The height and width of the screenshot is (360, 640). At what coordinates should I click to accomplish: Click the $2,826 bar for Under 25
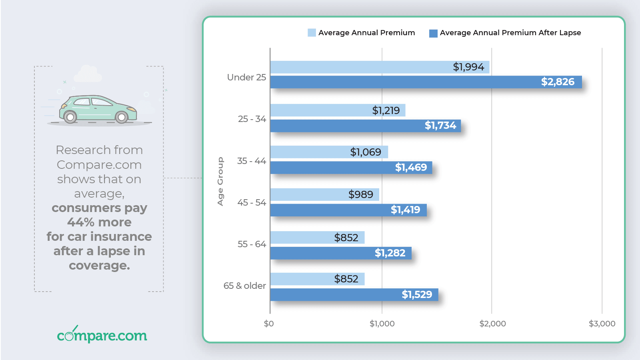click(x=426, y=82)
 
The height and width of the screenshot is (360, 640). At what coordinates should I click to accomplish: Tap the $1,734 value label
click(x=440, y=126)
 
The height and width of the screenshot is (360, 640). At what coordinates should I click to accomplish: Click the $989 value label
click(x=360, y=194)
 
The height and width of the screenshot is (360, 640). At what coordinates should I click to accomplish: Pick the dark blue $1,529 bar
click(x=354, y=295)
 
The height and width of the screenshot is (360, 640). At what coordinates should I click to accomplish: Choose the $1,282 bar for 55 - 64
click(x=340, y=253)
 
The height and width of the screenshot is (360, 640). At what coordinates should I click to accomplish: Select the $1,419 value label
click(x=405, y=210)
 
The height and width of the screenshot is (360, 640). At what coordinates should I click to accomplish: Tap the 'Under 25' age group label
click(x=246, y=77)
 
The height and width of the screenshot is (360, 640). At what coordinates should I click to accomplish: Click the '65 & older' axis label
click(x=244, y=286)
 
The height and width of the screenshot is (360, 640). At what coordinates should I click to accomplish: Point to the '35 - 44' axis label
click(x=251, y=161)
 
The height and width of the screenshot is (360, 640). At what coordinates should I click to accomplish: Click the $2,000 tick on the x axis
click(x=492, y=324)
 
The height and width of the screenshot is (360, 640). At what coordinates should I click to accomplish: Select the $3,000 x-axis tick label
click(x=602, y=324)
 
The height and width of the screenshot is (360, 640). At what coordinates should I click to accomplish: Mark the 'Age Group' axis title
click(x=220, y=181)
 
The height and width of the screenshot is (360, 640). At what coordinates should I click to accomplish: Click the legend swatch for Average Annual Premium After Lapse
click(x=433, y=33)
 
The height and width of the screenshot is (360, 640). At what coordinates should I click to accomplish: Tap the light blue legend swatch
click(x=312, y=33)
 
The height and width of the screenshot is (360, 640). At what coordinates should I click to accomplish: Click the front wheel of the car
click(x=122, y=117)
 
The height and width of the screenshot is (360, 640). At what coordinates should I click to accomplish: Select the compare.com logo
click(x=102, y=335)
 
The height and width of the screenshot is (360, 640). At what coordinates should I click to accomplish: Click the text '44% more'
click(x=99, y=222)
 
